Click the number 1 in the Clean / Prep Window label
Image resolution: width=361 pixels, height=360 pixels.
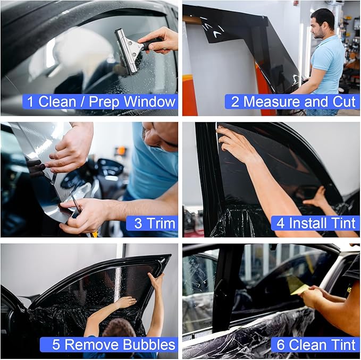[31, 102]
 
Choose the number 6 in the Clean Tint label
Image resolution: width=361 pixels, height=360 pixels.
[281, 345]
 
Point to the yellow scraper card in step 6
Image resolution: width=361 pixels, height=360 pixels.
[299, 289]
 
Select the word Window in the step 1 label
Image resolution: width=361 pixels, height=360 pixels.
[148, 102]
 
